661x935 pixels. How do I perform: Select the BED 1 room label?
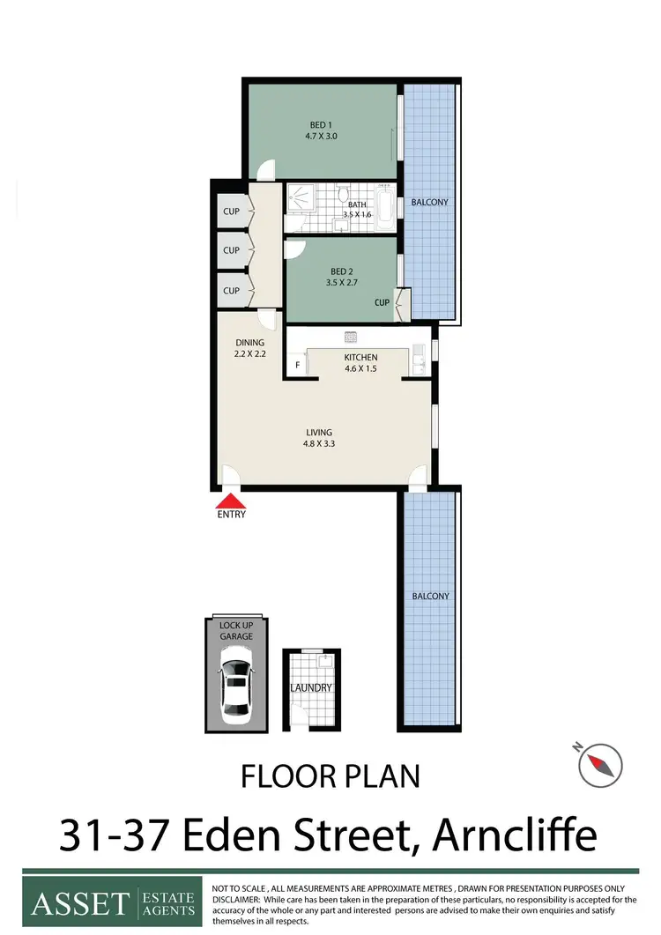[x=322, y=124]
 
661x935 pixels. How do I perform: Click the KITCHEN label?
[x=360, y=357]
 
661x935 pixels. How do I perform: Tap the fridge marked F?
[x=298, y=365]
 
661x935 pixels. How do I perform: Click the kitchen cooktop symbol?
[x=350, y=336]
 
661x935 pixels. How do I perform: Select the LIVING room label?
[x=318, y=432]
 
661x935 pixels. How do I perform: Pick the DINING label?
[x=249, y=343]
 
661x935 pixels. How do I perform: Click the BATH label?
[x=357, y=205]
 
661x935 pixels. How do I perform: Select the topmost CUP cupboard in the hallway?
[x=231, y=211]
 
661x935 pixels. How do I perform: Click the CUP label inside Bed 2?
[x=382, y=302]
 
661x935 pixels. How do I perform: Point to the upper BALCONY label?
[x=430, y=202]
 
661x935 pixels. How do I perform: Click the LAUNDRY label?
[x=312, y=687]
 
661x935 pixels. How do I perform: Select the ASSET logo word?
[x=80, y=903]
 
